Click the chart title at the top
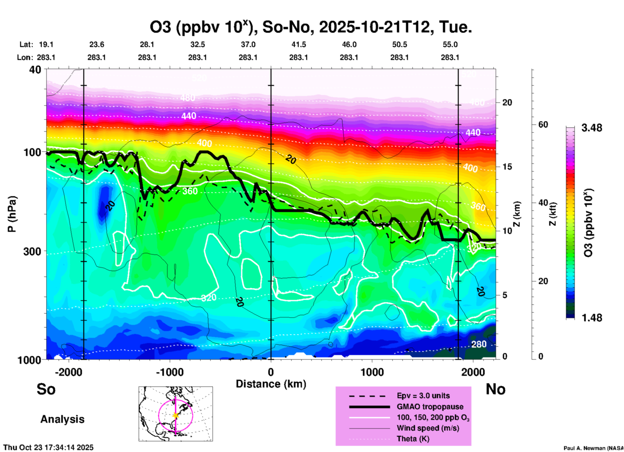pyautogui.click(x=310, y=27)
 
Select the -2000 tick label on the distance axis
pyautogui.click(x=68, y=372)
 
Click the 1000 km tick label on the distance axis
pyautogui.click(x=372, y=372)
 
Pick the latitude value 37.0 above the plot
pyautogui.click(x=248, y=44)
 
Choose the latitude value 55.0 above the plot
pyautogui.click(x=450, y=44)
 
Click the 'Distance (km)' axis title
pyautogui.click(x=271, y=384)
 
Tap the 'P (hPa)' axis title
pyautogui.click(x=12, y=214)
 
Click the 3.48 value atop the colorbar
pyautogui.click(x=592, y=128)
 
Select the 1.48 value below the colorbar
pyautogui.click(x=592, y=318)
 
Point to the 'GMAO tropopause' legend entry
pyautogui.click(x=430, y=407)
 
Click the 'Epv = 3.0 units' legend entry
pyautogui.click(x=423, y=396)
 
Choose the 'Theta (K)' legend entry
pyautogui.click(x=413, y=439)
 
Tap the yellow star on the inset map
pyautogui.click(x=176, y=415)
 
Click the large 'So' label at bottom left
pyautogui.click(x=46, y=389)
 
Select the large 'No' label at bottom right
pyautogui.click(x=495, y=389)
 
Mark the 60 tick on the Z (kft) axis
pyautogui.click(x=543, y=125)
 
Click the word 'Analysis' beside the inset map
pyautogui.click(x=62, y=419)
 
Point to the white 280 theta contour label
pyautogui.click(x=479, y=344)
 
